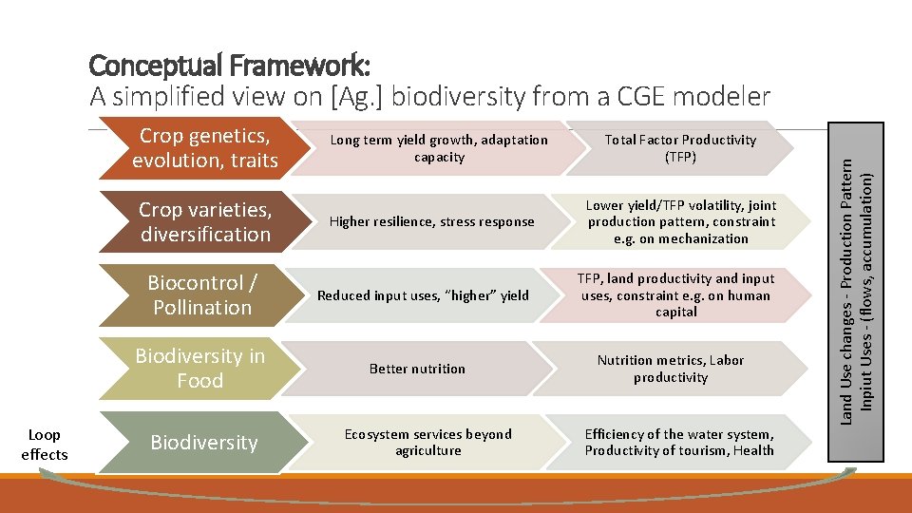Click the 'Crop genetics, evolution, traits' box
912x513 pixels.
tap(205, 148)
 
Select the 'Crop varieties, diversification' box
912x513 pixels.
tap(205, 221)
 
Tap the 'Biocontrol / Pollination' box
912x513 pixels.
tap(202, 295)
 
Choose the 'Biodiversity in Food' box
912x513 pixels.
tap(199, 369)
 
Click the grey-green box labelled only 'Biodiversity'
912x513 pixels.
tap(203, 443)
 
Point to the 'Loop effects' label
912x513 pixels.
tap(45, 445)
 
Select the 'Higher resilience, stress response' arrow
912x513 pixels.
tap(431, 222)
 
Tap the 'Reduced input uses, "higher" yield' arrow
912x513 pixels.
tap(423, 295)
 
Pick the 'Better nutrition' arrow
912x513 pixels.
tap(417, 369)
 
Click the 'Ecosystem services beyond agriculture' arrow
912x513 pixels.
tap(427, 443)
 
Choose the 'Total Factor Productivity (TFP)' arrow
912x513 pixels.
tap(680, 148)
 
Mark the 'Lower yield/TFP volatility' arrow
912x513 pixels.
tap(680, 221)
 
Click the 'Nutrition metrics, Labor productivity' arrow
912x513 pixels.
tap(671, 369)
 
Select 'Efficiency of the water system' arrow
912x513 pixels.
tap(679, 443)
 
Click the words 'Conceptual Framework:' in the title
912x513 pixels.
tap(229, 66)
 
